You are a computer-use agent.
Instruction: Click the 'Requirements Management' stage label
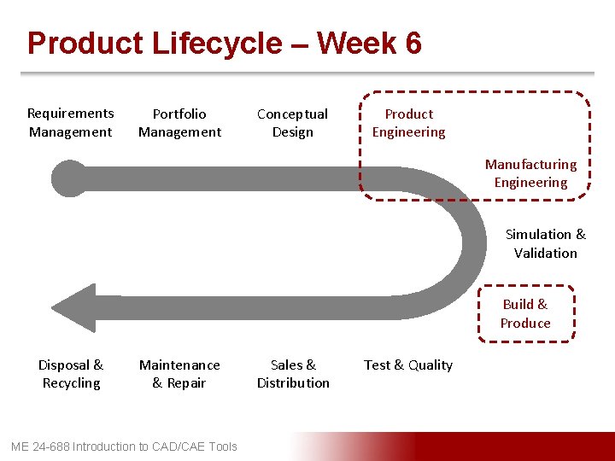pyautogui.click(x=70, y=123)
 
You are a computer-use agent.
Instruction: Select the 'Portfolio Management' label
pyautogui.click(x=179, y=123)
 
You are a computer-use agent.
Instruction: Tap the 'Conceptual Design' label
pyautogui.click(x=292, y=123)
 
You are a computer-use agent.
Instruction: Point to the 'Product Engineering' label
pyautogui.click(x=408, y=123)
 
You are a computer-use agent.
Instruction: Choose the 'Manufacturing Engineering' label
pyautogui.click(x=530, y=173)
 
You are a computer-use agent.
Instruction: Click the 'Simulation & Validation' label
pyautogui.click(x=545, y=243)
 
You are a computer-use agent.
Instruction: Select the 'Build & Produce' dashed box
pyautogui.click(x=525, y=313)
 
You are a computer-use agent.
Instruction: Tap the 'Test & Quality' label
pyautogui.click(x=407, y=365)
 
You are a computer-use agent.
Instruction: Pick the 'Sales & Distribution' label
pyautogui.click(x=293, y=374)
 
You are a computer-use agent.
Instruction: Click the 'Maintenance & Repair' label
pyautogui.click(x=179, y=374)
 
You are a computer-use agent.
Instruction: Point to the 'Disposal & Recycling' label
pyautogui.click(x=71, y=374)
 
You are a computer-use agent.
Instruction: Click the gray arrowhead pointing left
pyautogui.click(x=75, y=307)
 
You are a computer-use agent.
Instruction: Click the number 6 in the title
pyautogui.click(x=413, y=43)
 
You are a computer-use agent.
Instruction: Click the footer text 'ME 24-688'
pyautogui.click(x=40, y=446)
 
